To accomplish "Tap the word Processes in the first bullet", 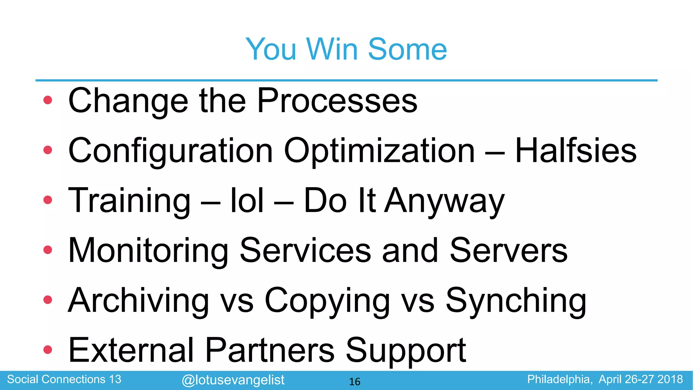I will coord(337,101).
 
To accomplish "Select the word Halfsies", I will coord(576,150).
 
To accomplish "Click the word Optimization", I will coord(379,151).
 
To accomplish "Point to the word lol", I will coord(247,200).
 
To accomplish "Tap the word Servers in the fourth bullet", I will coord(509,250).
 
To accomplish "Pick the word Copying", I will coord(327,301).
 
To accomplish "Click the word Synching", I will coord(516,301).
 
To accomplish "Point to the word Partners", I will coord(270,350).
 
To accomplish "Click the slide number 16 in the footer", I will coord(355,382).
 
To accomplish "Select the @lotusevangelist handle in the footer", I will coord(233,380).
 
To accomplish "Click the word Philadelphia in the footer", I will coord(560,379).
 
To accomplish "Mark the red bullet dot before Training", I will coord(48,200).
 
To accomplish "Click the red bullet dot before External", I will coord(48,349).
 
